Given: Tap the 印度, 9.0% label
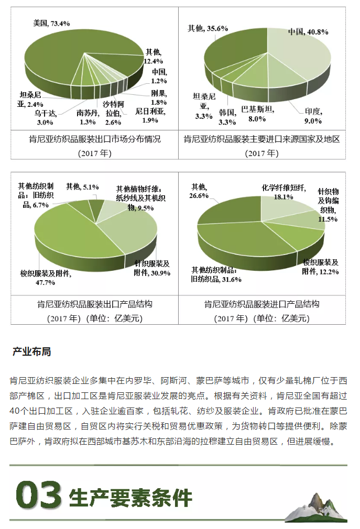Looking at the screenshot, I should (313, 116).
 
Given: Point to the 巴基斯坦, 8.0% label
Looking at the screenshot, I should (257, 114).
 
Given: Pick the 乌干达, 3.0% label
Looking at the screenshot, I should (45, 118).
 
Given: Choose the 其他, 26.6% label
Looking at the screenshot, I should (199, 191).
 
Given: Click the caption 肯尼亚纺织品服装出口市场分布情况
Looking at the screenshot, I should (95, 139).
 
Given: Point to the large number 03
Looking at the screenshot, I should (39, 495).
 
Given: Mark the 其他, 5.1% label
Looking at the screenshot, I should (82, 186).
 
